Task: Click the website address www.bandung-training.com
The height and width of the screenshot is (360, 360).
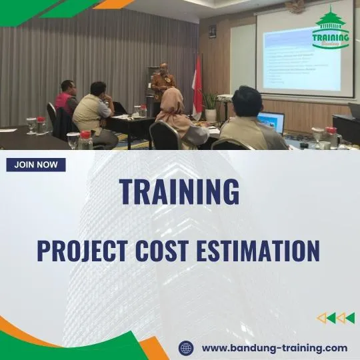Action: click(x=274, y=347)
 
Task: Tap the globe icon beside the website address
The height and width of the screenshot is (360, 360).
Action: click(x=187, y=347)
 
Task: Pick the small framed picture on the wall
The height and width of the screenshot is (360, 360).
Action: click(x=213, y=31)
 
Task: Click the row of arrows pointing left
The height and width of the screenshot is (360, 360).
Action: click(x=335, y=318)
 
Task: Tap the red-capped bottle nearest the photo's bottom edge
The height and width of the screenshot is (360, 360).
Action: click(x=85, y=141)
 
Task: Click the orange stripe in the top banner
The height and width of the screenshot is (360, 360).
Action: click(x=113, y=4)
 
